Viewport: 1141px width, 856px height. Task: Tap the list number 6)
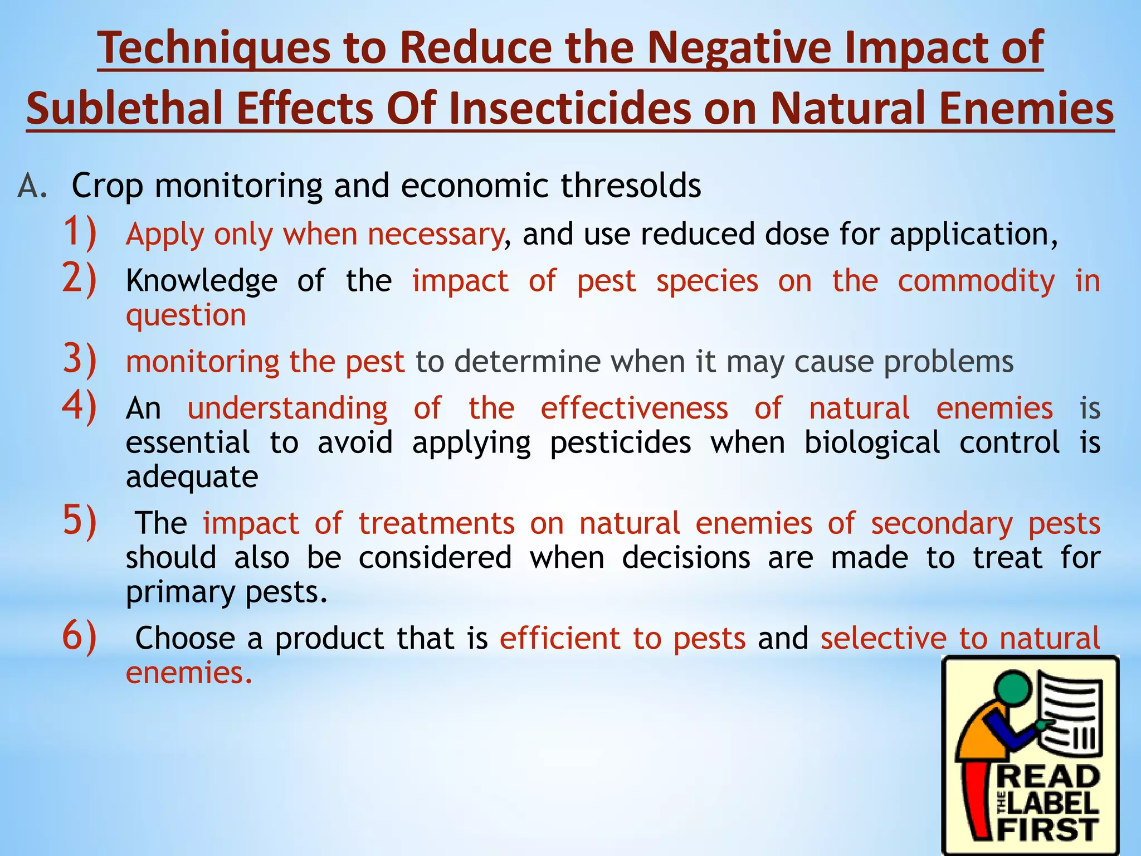(79, 635)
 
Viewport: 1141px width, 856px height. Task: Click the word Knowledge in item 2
(201, 281)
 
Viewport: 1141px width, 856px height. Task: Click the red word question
(186, 316)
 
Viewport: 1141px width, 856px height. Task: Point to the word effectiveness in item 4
(634, 408)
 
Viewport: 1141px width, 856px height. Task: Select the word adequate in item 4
(192, 477)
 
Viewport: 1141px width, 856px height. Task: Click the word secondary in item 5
(942, 524)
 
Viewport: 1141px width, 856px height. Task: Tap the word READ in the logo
(1047, 777)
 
